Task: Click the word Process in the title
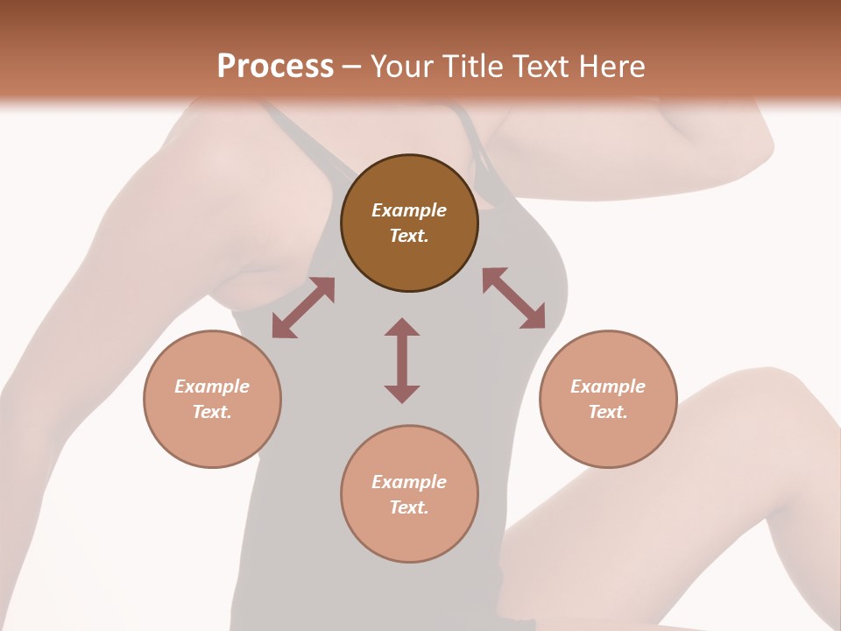pyautogui.click(x=275, y=67)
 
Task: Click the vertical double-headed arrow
pyautogui.click(x=402, y=361)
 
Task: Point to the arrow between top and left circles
pyautogui.click(x=303, y=308)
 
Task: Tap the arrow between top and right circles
pyautogui.click(x=514, y=298)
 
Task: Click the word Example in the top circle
pyautogui.click(x=409, y=210)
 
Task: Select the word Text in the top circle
pyautogui.click(x=407, y=236)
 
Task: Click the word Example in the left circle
pyautogui.click(x=212, y=386)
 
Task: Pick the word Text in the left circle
pyautogui.click(x=211, y=412)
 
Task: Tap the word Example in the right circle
pyautogui.click(x=608, y=386)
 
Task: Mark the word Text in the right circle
pyautogui.click(x=607, y=412)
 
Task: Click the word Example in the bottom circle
pyautogui.click(x=409, y=482)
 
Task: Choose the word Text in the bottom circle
pyautogui.click(x=407, y=507)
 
